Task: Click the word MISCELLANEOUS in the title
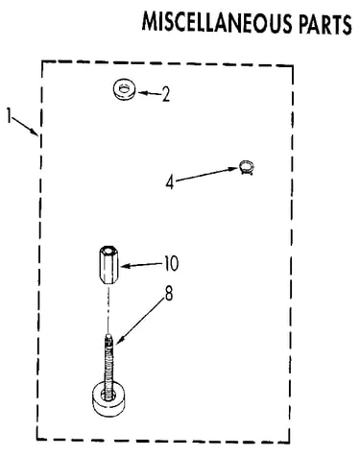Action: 217,23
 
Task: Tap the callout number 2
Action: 165,94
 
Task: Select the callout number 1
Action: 10,115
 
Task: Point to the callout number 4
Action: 170,183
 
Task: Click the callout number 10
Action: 171,264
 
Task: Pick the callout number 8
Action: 169,294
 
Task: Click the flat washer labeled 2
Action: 124,89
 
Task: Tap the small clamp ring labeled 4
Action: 247,167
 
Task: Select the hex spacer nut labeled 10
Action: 108,264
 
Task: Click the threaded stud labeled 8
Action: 108,365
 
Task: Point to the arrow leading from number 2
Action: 149,93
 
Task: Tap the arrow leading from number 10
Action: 142,265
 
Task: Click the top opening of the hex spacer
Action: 108,249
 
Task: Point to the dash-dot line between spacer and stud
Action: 108,309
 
